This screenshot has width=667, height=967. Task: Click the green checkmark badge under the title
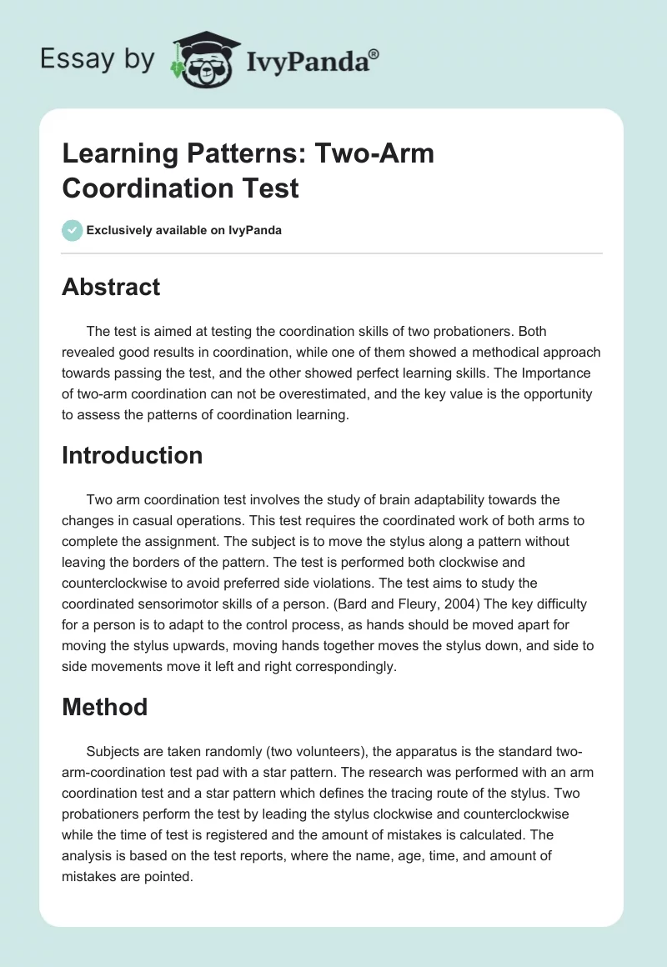73,230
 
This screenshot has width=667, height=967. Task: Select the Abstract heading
111,287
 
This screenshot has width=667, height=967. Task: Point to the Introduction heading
133,455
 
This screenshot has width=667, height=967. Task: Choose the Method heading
104,707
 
